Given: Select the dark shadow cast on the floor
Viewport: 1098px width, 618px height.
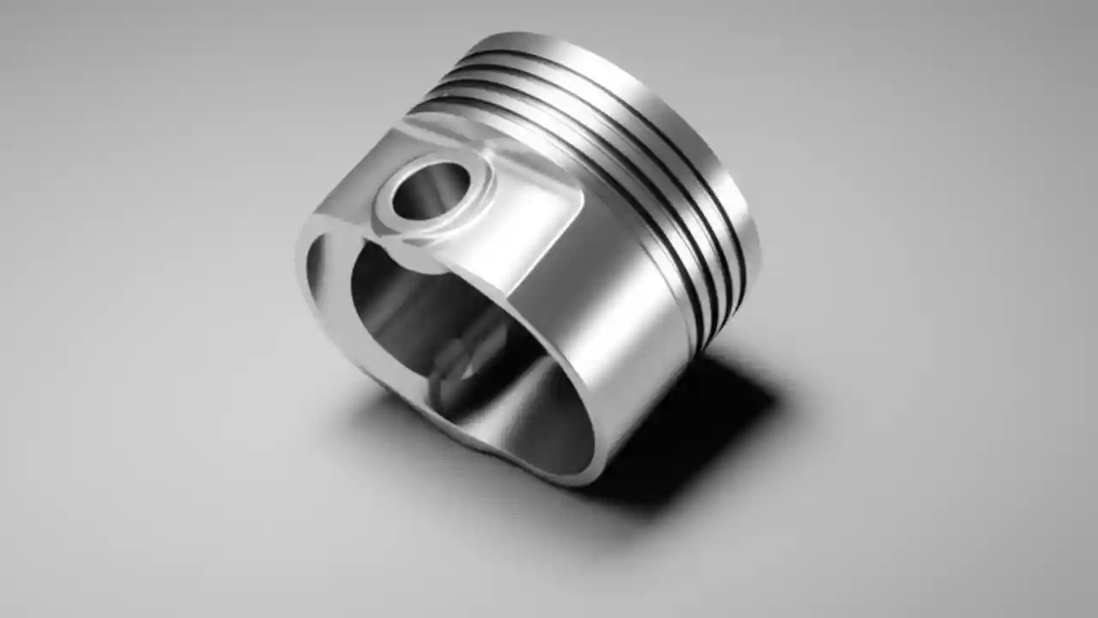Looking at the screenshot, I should (x=686, y=429).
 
